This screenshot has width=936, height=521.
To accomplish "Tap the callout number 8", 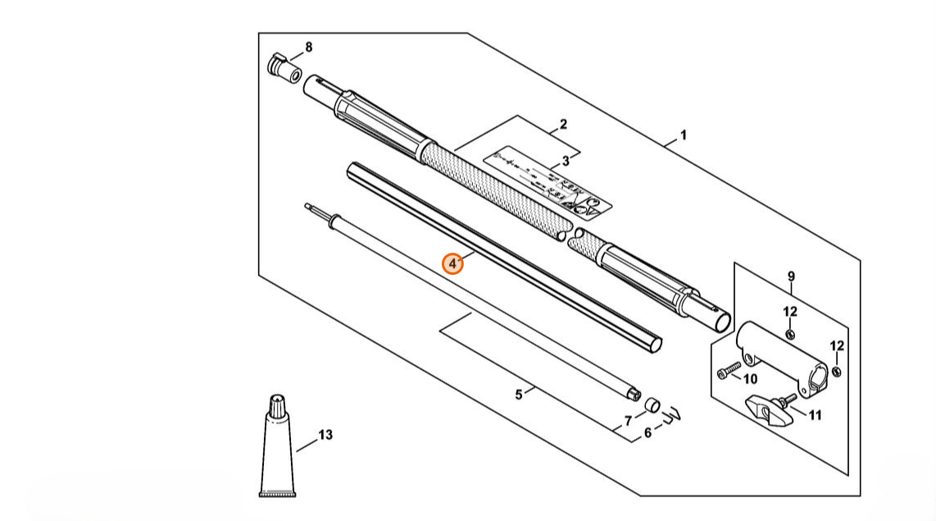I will [x=308, y=48].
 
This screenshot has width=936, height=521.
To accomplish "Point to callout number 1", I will [x=684, y=135].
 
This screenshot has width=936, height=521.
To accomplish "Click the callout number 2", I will [x=563, y=126].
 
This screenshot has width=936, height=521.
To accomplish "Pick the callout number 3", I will [x=566, y=161].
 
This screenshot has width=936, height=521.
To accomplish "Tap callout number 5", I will [x=519, y=395].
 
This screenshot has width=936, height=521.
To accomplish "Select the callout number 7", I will [x=629, y=421].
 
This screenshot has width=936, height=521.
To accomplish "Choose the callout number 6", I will [x=647, y=432].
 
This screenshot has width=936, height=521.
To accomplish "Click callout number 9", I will [x=791, y=276].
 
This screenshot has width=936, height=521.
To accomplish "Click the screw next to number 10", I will [x=725, y=374].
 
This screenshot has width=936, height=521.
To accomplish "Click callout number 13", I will [x=325, y=435].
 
